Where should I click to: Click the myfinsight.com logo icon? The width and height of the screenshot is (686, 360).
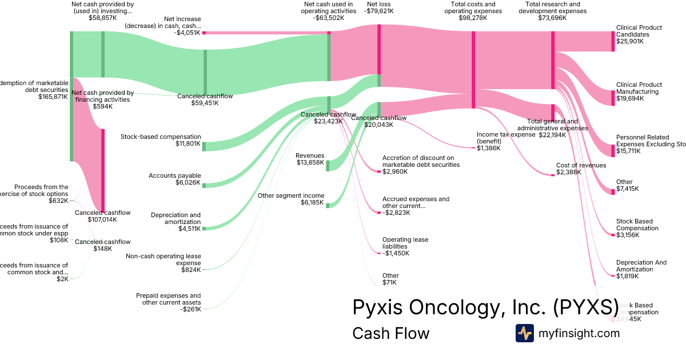click(x=525, y=333)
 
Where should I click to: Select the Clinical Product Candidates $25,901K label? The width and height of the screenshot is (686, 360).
click(x=639, y=34)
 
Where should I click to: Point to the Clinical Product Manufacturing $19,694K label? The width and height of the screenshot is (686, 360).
click(x=639, y=91)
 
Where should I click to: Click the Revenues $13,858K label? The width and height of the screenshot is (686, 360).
click(x=310, y=159)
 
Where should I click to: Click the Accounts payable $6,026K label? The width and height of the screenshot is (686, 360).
click(x=174, y=179)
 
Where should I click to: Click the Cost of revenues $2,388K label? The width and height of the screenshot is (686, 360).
click(x=581, y=169)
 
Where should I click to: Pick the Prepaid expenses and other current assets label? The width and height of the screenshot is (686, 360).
click(x=169, y=302)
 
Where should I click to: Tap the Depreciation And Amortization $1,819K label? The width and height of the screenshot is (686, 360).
click(x=641, y=269)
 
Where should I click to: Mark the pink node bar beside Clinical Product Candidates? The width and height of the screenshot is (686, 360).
click(x=613, y=42)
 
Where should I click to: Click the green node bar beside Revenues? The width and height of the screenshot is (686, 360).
click(x=328, y=166)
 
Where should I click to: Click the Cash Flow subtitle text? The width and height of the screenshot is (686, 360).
click(x=390, y=333)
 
